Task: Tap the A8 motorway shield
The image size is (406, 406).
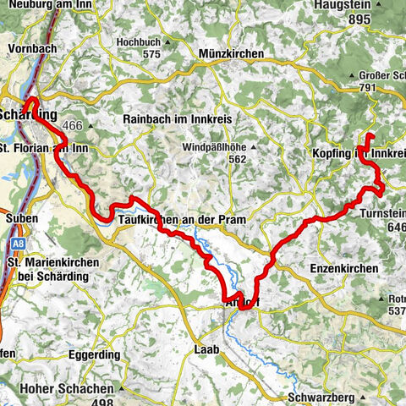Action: [x=17, y=245]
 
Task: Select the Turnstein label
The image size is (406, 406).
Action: [x=381, y=212]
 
